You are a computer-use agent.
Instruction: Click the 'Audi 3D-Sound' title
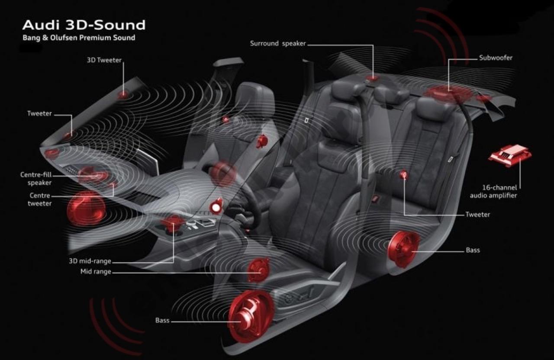[84, 25]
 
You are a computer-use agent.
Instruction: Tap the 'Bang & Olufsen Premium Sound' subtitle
[79, 38]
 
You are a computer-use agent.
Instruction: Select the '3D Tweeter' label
[104, 60]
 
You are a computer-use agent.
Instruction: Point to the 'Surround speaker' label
[278, 44]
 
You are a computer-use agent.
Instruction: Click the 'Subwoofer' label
[496, 58]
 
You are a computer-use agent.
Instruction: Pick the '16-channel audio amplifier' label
[493, 192]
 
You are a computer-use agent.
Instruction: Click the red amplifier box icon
[510, 156]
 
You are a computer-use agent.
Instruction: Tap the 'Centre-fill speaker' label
[36, 179]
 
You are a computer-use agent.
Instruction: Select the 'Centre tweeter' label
[39, 199]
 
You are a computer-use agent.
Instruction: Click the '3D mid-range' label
[90, 261]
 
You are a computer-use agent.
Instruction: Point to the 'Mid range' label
[96, 272]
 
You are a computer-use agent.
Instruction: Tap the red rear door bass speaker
[404, 249]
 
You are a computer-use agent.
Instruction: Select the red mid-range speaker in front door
[258, 270]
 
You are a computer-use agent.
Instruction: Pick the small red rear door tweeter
[404, 174]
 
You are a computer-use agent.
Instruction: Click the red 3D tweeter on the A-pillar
[123, 94]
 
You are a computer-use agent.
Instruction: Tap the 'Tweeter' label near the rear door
[477, 214]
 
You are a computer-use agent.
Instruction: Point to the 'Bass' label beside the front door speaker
[162, 321]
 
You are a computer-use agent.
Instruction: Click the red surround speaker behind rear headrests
[372, 78]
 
